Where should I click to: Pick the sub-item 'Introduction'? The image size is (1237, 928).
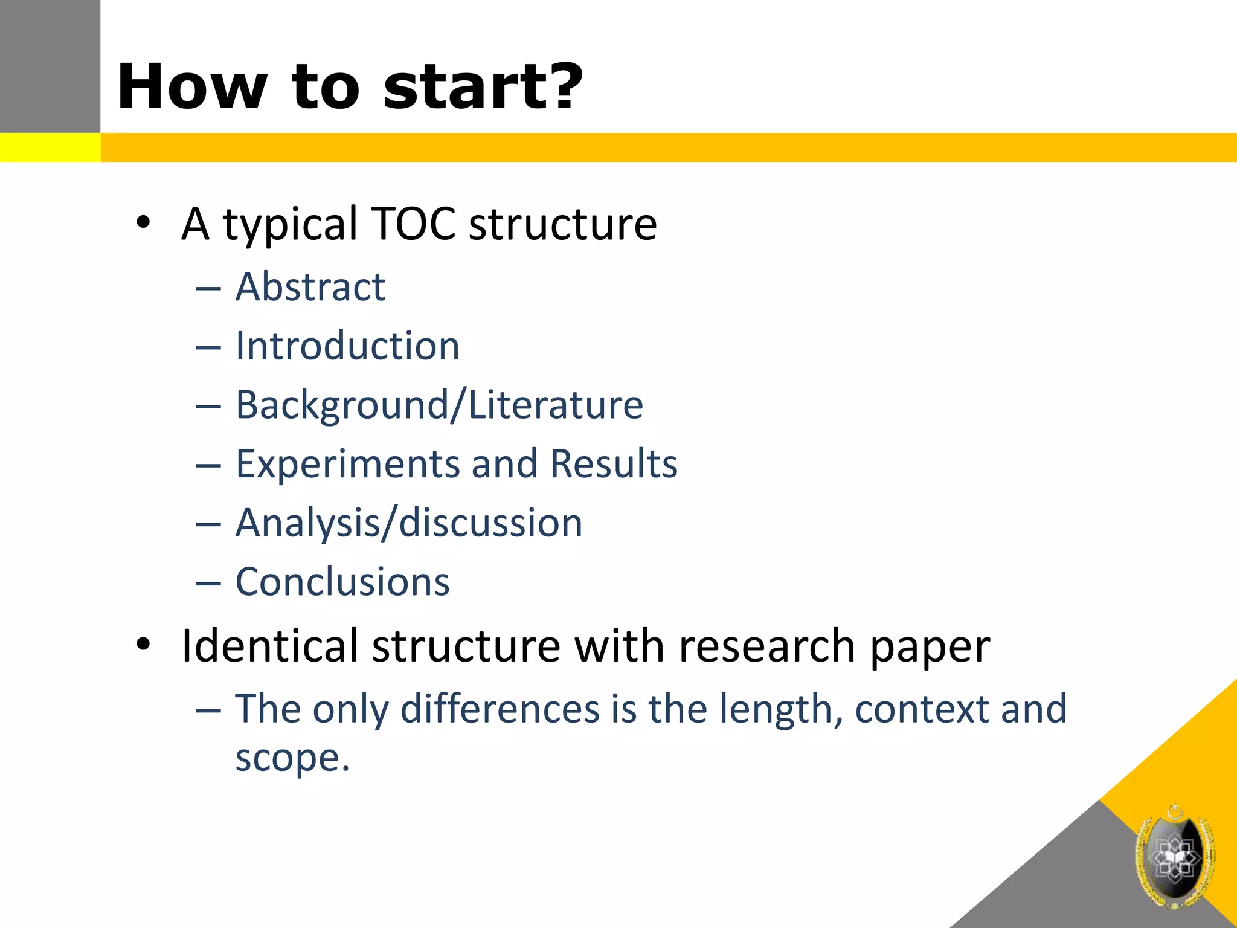click(x=347, y=346)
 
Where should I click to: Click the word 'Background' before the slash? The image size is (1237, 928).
click(x=342, y=405)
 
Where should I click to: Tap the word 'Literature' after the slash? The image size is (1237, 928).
click(x=556, y=405)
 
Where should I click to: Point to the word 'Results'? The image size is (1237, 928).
click(x=614, y=464)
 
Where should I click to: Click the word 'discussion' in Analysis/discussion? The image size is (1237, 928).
click(x=490, y=523)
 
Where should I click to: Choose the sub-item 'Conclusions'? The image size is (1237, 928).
click(x=342, y=582)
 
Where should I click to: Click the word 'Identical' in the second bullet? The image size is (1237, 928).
click(x=270, y=646)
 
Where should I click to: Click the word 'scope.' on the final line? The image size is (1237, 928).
click(x=292, y=758)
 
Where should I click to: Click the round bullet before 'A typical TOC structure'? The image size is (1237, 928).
click(x=143, y=223)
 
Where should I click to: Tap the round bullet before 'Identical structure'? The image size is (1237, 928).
click(x=143, y=644)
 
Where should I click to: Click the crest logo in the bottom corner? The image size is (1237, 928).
click(x=1175, y=856)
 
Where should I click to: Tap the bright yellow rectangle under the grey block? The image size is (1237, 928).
click(x=50, y=147)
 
